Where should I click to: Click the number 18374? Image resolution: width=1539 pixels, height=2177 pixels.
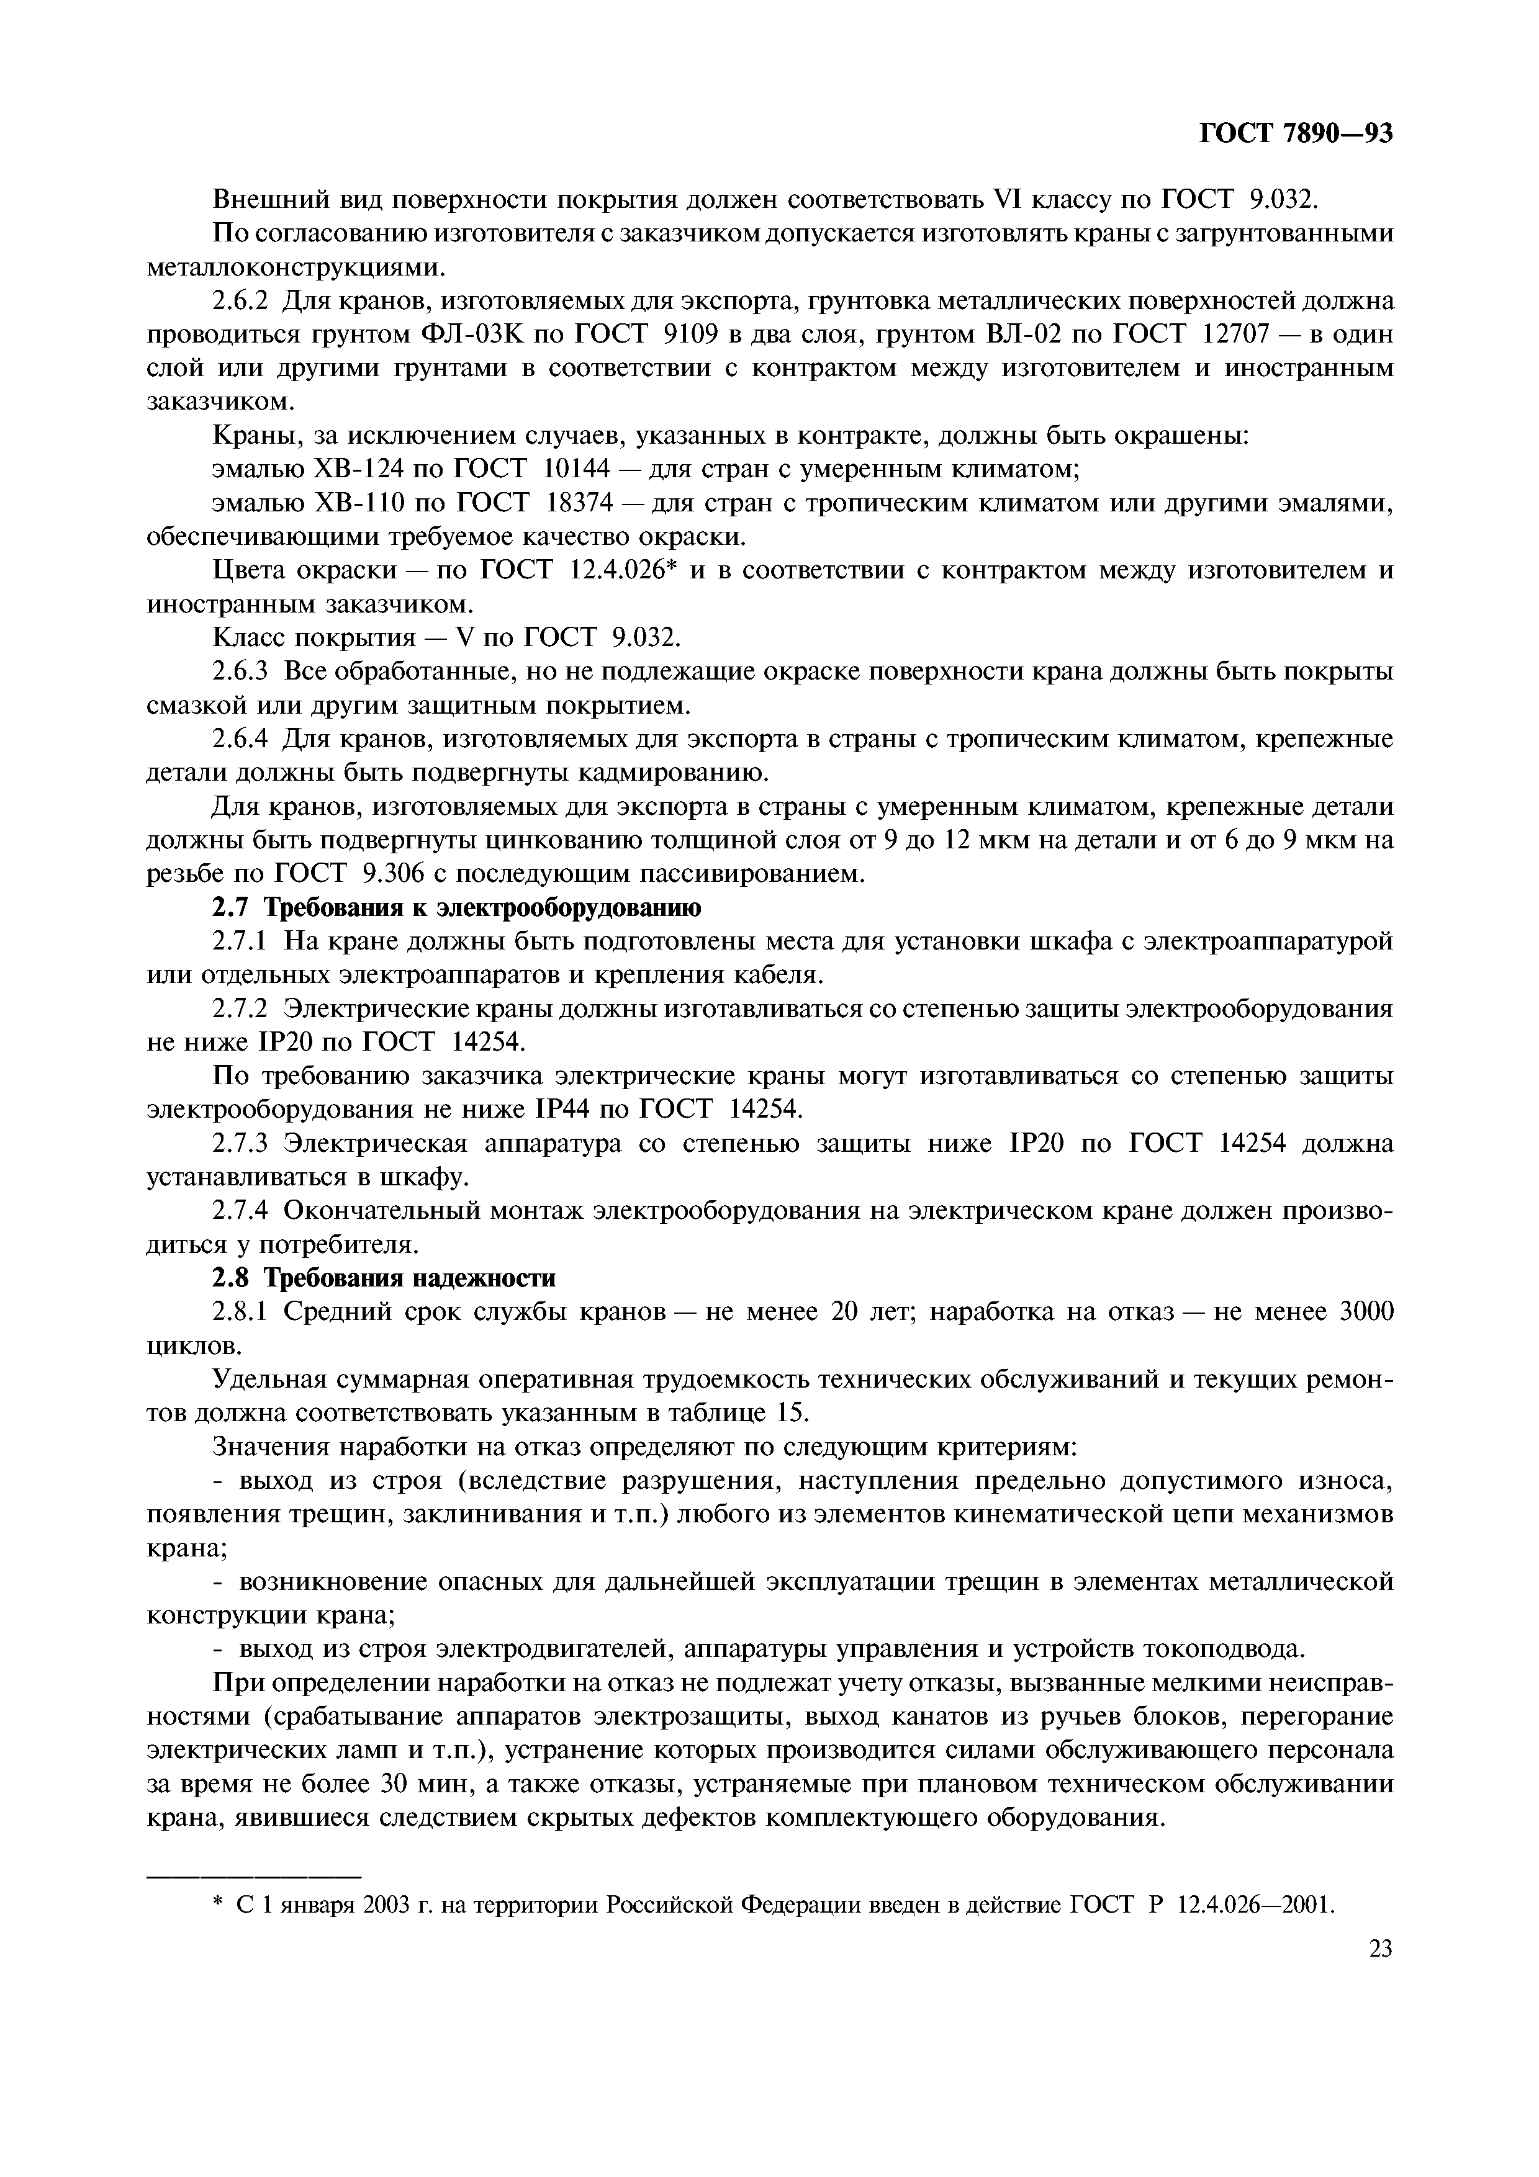coord(589,503)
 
